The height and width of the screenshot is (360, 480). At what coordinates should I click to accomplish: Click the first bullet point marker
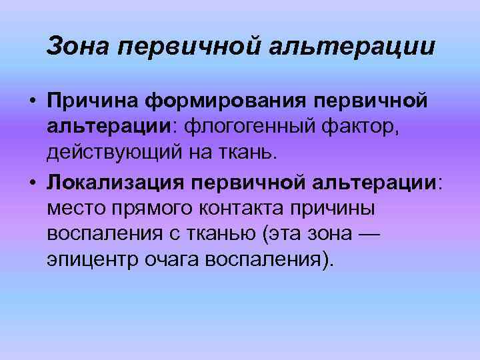point(32,102)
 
